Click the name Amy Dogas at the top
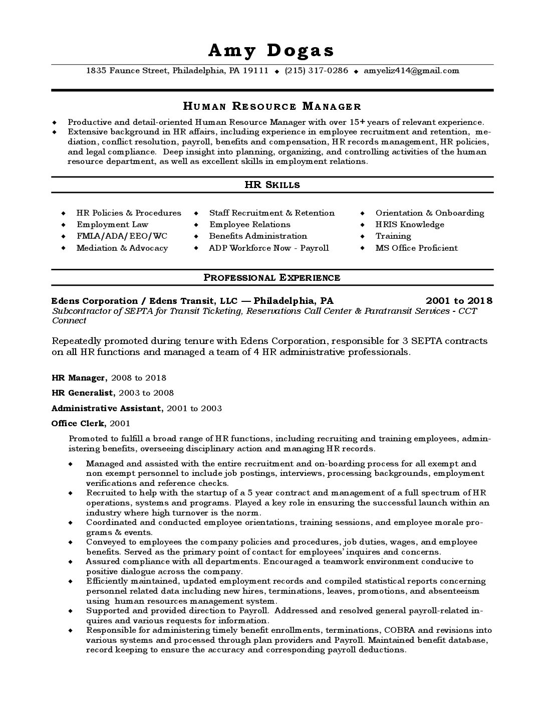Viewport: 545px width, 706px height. point(271,50)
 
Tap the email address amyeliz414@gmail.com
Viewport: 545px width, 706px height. point(411,71)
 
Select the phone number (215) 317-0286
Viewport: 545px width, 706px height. point(316,71)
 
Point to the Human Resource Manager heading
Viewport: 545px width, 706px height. point(272,106)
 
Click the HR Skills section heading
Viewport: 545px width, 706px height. point(272,185)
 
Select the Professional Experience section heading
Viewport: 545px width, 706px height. point(272,278)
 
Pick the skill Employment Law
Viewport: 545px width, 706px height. point(112,225)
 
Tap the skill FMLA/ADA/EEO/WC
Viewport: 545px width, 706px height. point(122,236)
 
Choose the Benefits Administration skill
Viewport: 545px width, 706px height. point(258,236)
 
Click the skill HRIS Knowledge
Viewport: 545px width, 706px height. point(410,225)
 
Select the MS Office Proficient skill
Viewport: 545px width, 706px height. point(416,248)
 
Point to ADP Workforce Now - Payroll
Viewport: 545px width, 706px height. point(269,248)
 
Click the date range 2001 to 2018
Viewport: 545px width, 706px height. point(459,301)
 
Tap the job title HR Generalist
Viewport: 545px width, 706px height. point(80,393)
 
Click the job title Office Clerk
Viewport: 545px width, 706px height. point(78,424)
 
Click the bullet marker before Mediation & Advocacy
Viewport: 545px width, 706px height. point(63,248)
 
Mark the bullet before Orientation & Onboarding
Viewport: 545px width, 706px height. point(362,213)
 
